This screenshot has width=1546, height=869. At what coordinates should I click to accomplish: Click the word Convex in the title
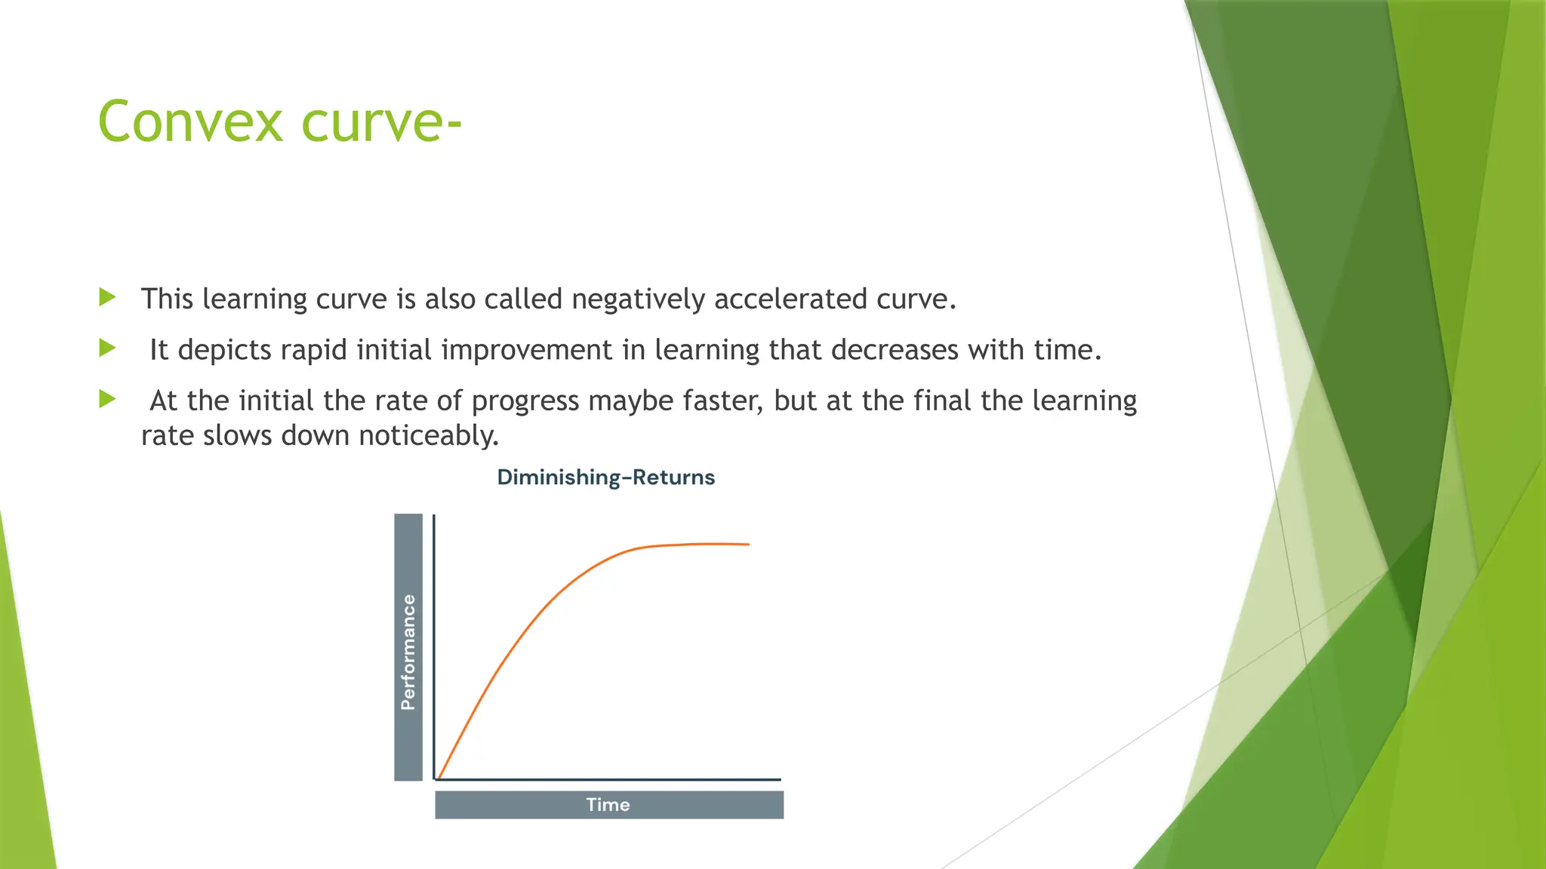(x=190, y=121)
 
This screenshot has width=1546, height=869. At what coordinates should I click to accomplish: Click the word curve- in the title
(x=381, y=121)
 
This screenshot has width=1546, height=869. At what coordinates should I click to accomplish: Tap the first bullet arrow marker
(x=107, y=297)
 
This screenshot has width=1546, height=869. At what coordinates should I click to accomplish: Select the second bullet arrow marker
(x=107, y=348)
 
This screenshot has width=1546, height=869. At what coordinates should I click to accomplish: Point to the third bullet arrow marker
(x=107, y=399)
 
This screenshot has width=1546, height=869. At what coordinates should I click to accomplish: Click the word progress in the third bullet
(x=525, y=401)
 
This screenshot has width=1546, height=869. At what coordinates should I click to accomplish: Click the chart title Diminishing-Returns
(x=605, y=477)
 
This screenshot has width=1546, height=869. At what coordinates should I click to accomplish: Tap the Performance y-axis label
(x=408, y=652)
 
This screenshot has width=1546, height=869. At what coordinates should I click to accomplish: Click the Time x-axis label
(x=608, y=805)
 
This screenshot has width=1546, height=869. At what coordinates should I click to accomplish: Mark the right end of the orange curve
(x=747, y=544)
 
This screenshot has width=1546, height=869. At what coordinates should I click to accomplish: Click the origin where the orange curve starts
(x=439, y=778)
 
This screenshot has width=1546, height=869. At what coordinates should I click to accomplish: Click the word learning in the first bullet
(x=255, y=299)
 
